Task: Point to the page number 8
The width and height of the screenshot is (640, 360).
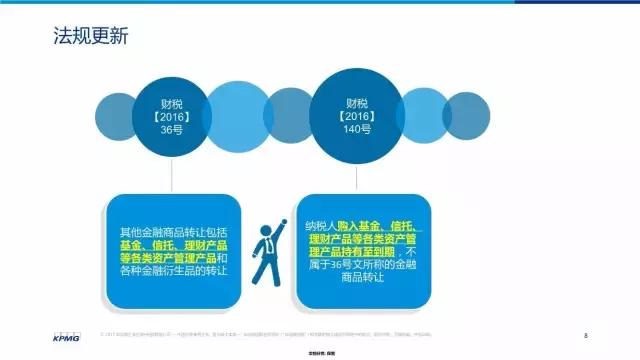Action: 585,332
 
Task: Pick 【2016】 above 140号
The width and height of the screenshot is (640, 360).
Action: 350,113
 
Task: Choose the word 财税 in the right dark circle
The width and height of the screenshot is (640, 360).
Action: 350,99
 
